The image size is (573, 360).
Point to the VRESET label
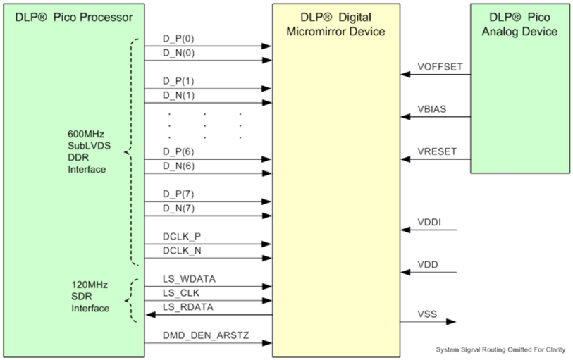[437, 151]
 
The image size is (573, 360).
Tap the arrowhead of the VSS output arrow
[452, 322]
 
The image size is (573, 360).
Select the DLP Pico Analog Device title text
[521, 25]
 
